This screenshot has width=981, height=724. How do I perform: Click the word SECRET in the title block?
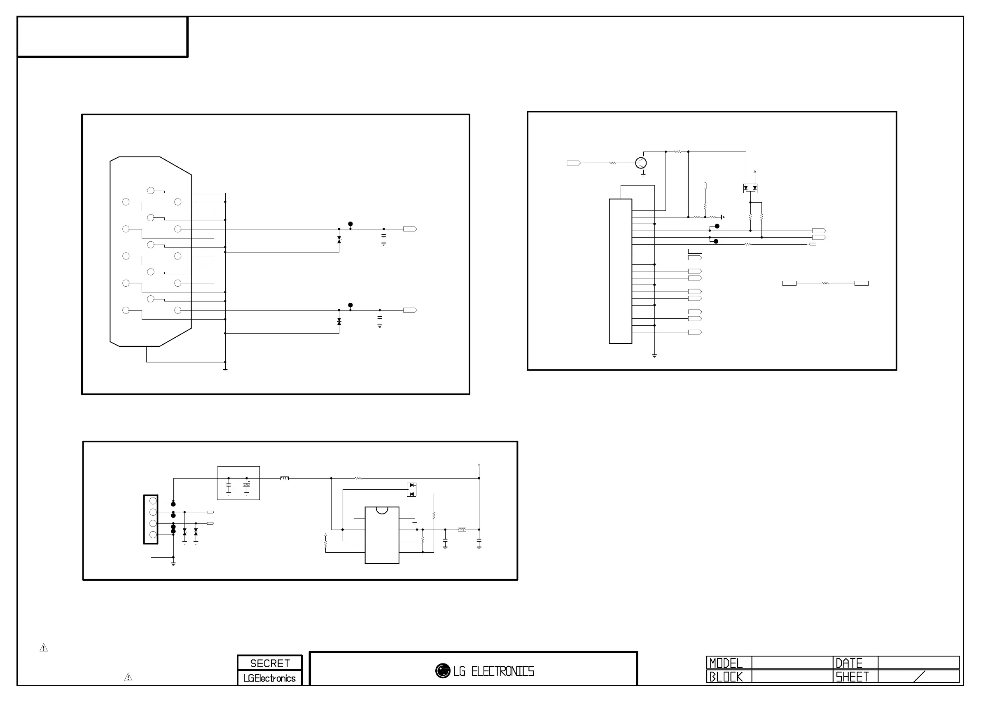[x=269, y=663]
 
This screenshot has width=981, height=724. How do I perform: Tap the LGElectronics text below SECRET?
[x=269, y=678]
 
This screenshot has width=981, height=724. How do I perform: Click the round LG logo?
[x=443, y=670]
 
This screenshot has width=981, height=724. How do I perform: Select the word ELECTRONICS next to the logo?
[x=502, y=671]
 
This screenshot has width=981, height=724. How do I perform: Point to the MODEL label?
[x=726, y=663]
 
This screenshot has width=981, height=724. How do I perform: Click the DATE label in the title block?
[x=849, y=663]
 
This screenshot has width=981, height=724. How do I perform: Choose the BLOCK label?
[x=726, y=677]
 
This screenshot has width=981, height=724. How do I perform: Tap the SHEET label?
[x=852, y=677]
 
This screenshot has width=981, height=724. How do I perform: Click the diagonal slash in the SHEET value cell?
[x=919, y=677]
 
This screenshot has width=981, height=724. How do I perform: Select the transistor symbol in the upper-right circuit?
[x=641, y=163]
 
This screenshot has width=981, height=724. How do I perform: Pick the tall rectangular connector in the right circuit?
[x=620, y=271]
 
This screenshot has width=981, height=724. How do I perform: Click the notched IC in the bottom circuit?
[x=382, y=535]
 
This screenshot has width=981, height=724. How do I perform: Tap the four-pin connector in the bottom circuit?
[x=151, y=519]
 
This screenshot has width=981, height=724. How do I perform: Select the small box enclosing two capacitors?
[x=238, y=483]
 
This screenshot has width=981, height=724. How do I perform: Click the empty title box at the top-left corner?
[x=102, y=37]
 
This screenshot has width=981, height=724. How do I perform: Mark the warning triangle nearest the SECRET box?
[x=128, y=677]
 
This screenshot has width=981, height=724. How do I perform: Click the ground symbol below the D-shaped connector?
[x=225, y=370]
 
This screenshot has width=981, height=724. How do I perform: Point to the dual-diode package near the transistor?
[x=750, y=189]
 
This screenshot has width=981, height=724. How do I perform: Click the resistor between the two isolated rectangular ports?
[x=825, y=283]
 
